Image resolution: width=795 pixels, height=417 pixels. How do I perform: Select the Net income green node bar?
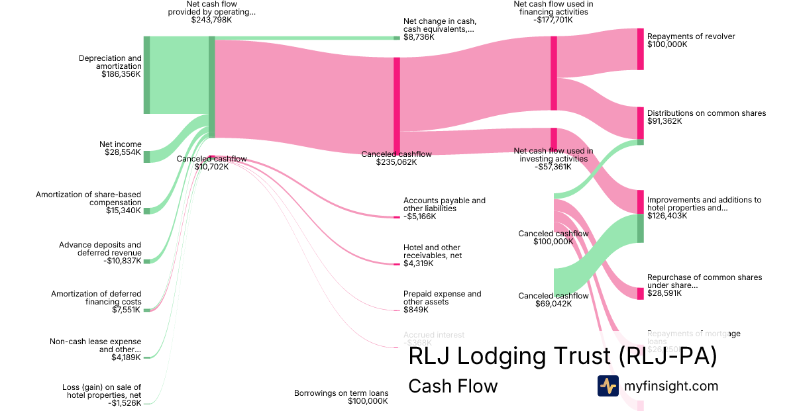click(147, 156)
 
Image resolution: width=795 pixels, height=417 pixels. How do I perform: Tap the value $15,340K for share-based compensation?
click(124, 210)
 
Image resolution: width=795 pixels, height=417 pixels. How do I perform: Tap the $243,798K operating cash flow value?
click(211, 20)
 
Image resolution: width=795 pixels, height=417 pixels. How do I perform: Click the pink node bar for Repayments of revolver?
click(641, 49)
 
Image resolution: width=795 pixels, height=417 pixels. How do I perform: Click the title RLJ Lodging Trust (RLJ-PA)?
click(562, 357)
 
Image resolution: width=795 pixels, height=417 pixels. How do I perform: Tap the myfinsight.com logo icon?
click(608, 386)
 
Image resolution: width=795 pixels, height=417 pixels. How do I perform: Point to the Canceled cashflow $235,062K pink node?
click(397, 106)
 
